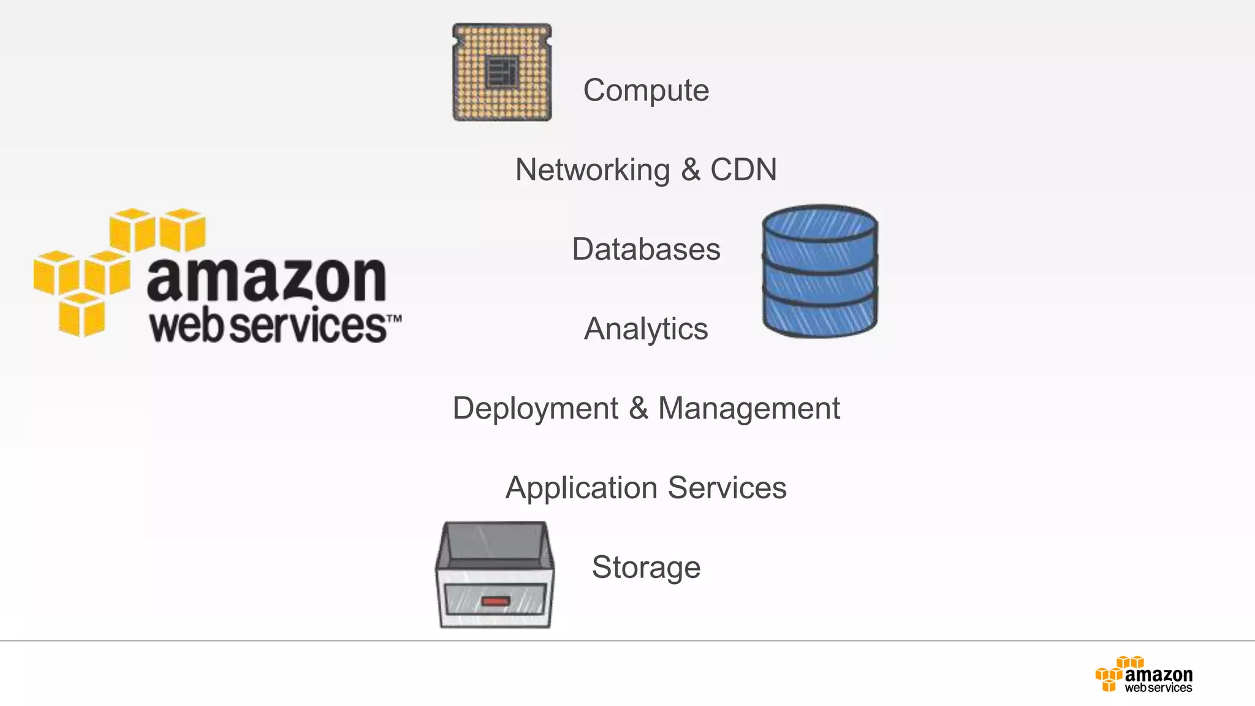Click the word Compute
(646, 91)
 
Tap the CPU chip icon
(502, 72)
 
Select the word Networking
(593, 170)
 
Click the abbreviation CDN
(743, 170)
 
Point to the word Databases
(646, 249)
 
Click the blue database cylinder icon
(820, 271)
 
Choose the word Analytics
(646, 329)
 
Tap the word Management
(749, 409)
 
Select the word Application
(582, 488)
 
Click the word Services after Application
(727, 488)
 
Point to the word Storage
(646, 567)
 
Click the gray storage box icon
(495, 574)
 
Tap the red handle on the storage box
(495, 601)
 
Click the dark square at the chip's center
(502, 72)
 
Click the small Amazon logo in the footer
(1144, 675)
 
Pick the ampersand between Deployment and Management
(638, 408)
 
